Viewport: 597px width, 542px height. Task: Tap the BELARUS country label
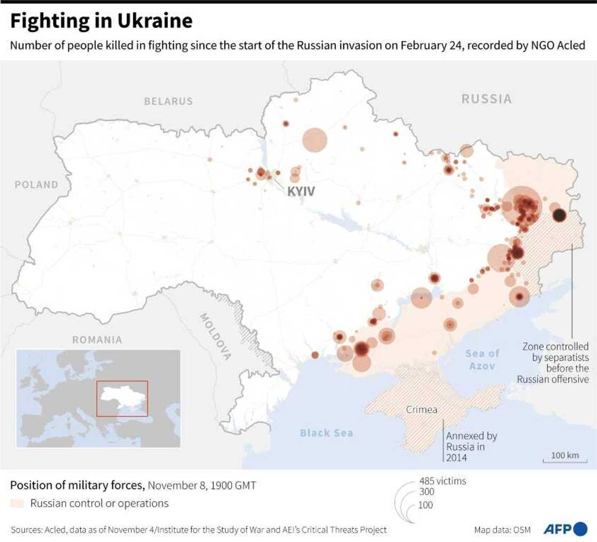(168, 101)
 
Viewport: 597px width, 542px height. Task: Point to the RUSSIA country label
(486, 99)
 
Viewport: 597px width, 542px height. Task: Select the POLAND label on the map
(36, 185)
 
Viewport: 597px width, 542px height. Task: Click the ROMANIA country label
(97, 340)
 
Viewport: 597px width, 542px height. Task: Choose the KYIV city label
(301, 191)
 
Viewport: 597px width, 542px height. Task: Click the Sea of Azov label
(482, 359)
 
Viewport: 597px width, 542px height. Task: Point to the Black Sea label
(326, 433)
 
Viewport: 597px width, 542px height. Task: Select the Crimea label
(422, 410)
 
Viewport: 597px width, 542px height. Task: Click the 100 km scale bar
(564, 458)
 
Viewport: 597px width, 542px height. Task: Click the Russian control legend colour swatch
(17, 503)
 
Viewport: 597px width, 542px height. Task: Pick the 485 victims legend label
(442, 481)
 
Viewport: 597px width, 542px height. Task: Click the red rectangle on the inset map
(122, 399)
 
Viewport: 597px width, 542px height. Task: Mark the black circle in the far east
(559, 215)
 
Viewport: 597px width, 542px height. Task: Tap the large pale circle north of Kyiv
(314, 140)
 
